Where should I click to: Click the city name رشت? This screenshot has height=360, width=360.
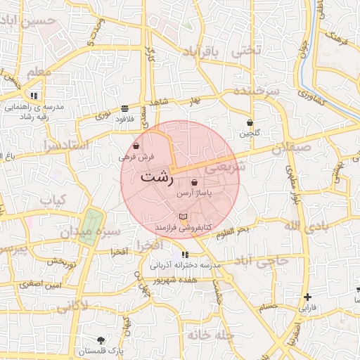pyautogui.click(x=156, y=177)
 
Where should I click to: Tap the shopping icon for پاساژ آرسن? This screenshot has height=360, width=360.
pyautogui.click(x=194, y=183)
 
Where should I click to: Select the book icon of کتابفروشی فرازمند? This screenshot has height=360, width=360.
pyautogui.click(x=184, y=215)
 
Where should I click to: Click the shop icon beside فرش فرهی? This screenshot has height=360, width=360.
pyautogui.click(x=136, y=146)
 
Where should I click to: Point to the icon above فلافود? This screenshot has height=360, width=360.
pyautogui.click(x=124, y=108)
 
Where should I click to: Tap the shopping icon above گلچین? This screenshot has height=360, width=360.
pyautogui.click(x=250, y=122)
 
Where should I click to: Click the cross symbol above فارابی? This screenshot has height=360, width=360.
pyautogui.click(x=307, y=297)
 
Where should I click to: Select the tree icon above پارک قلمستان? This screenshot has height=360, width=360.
pyautogui.click(x=101, y=340)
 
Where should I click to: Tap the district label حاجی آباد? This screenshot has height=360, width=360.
pyautogui.click(x=263, y=262)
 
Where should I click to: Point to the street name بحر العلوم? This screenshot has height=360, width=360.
pyautogui.click(x=232, y=231)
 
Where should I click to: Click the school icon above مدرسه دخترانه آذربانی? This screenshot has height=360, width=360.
pyautogui.click(x=184, y=255)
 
